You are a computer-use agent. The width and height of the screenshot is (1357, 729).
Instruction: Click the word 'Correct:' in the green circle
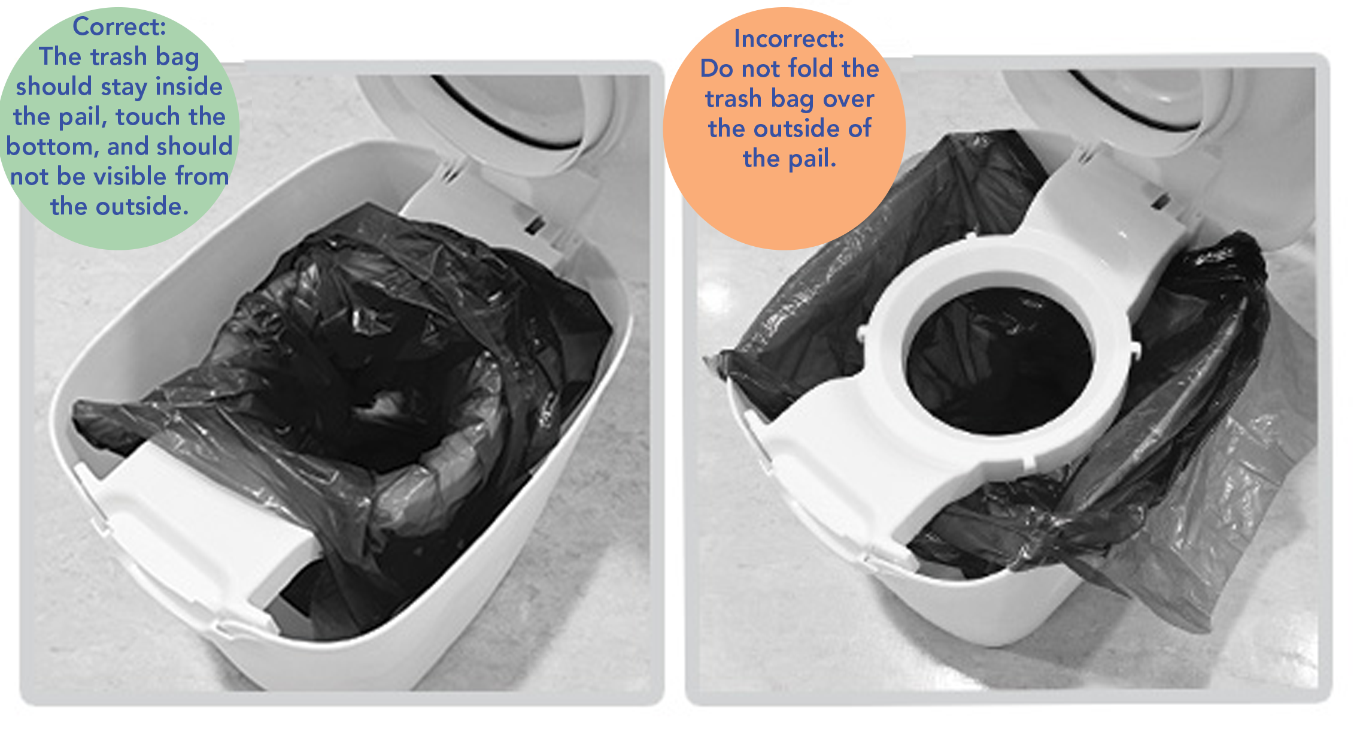click(119, 27)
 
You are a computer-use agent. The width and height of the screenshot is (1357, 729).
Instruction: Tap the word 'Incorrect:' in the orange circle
click(789, 39)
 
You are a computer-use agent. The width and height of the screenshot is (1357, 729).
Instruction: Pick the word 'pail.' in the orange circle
click(811, 159)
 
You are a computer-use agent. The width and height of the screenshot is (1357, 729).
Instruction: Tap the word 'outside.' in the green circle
click(142, 206)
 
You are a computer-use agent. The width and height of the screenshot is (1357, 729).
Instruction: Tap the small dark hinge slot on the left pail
click(535, 225)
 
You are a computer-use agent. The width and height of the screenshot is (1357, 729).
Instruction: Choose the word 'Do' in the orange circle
click(717, 68)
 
